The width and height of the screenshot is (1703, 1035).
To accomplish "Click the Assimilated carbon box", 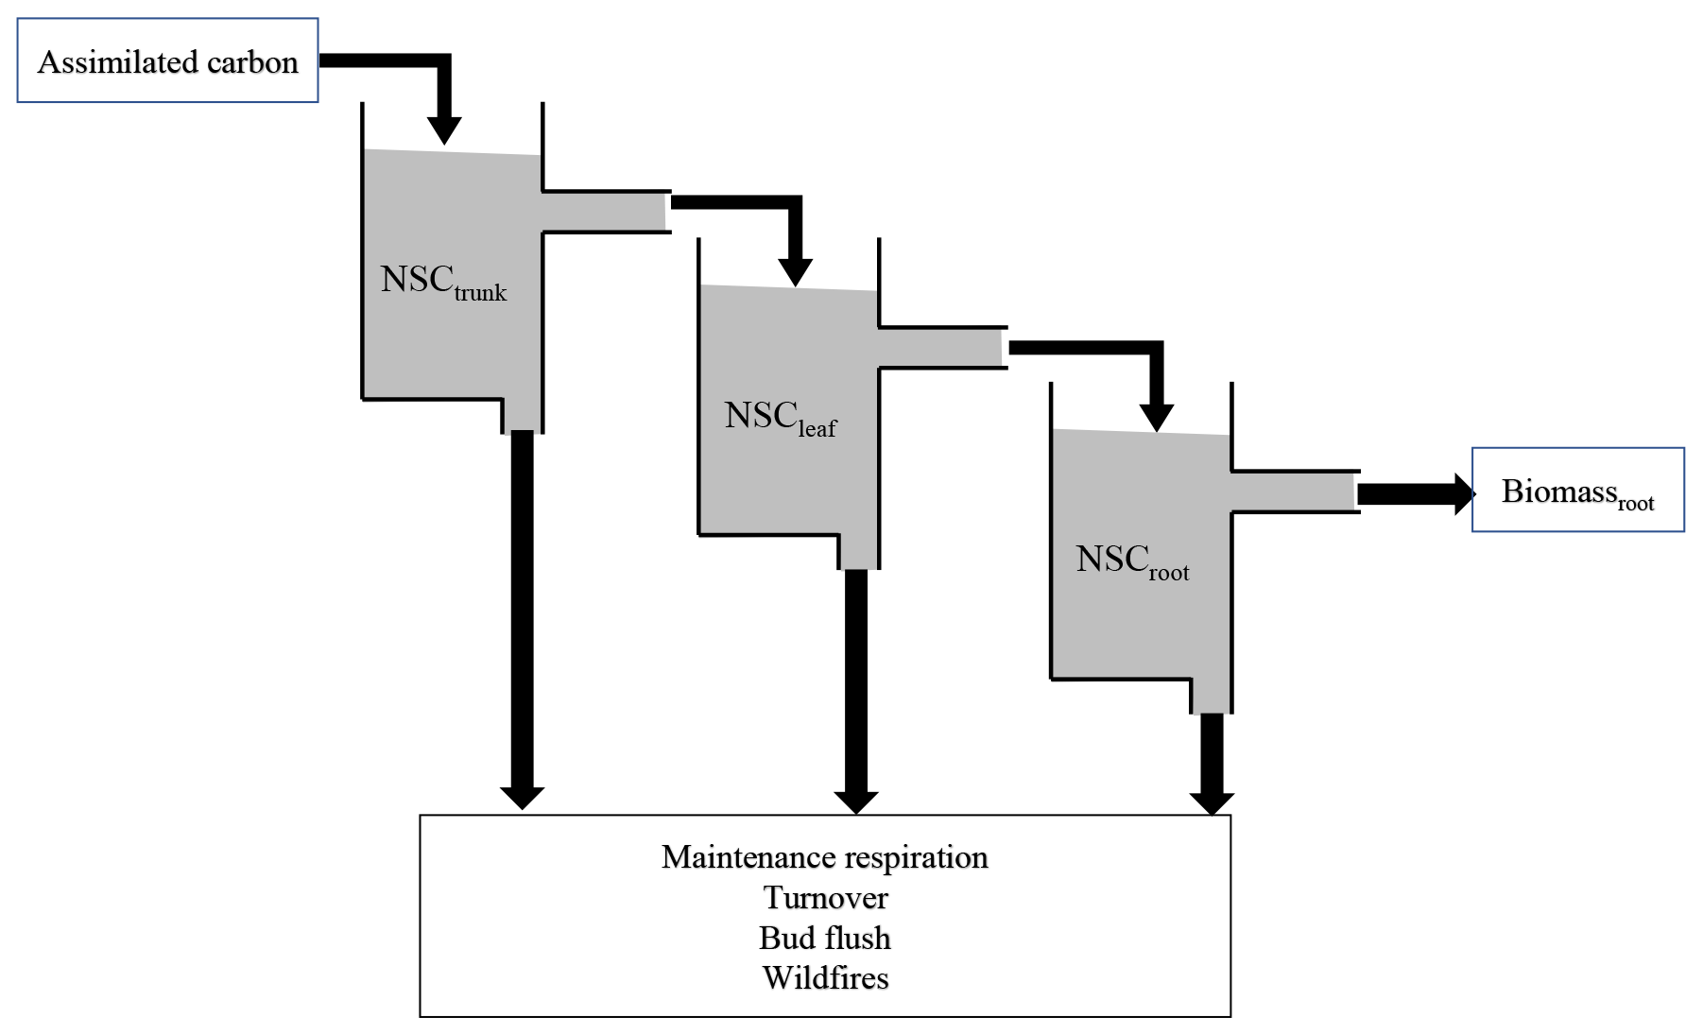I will click(x=167, y=60).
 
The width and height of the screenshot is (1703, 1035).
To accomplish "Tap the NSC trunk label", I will click(x=442, y=282).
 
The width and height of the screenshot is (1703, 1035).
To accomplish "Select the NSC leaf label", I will click(x=780, y=418).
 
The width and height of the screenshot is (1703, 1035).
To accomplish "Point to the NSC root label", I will click(x=1131, y=561).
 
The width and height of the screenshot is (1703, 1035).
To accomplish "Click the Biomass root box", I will click(x=1577, y=491).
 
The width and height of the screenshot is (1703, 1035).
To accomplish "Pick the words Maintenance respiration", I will click(x=824, y=857).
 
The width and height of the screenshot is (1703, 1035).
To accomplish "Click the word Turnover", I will click(x=825, y=898).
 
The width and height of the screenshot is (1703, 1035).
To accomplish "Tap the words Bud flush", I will click(x=825, y=939).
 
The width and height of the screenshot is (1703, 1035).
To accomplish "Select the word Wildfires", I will click(x=825, y=978).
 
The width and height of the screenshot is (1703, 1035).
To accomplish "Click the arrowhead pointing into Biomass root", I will click(x=1464, y=493).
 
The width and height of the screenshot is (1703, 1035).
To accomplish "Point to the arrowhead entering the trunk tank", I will click(x=444, y=130).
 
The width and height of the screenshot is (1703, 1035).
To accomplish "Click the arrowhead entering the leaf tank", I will click(x=795, y=271).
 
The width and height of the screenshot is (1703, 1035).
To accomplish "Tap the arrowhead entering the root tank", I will click(x=1156, y=417).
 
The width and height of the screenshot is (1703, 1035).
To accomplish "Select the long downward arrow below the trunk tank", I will click(x=522, y=614).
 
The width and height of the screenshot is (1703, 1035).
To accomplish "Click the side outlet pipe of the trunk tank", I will click(x=605, y=211).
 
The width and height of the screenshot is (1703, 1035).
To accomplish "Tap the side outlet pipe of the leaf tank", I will click(x=941, y=348).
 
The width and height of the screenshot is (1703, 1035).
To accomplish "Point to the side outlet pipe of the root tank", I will click(x=1295, y=492).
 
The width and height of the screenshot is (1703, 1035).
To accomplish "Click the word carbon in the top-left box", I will click(x=252, y=62).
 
